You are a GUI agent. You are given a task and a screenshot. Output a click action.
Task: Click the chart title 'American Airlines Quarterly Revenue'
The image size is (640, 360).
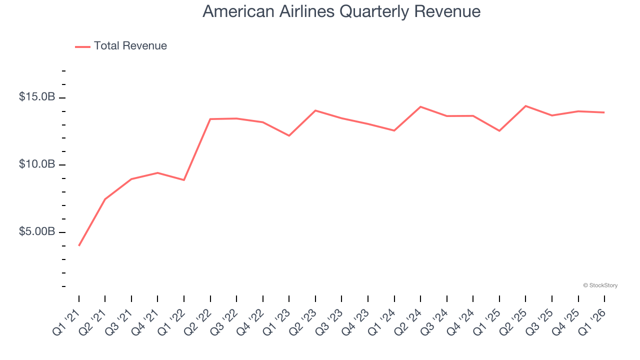pyautogui.click(x=341, y=11)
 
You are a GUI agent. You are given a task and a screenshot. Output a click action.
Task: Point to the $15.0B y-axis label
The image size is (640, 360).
pyautogui.click(x=37, y=97)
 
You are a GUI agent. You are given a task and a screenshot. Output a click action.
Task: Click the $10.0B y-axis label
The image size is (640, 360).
pyautogui.click(x=37, y=164)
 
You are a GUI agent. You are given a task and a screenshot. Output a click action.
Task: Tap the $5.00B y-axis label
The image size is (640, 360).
pyautogui.click(x=37, y=232)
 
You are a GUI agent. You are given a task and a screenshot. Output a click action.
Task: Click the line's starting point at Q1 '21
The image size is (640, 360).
pyautogui.click(x=79, y=245)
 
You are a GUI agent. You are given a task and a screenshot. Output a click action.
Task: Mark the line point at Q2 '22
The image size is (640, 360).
pyautogui.click(x=210, y=119)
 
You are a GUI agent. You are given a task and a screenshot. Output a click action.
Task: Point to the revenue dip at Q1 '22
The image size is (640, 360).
pyautogui.click(x=184, y=180)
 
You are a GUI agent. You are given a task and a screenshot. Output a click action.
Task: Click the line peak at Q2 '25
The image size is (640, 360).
pyautogui.click(x=525, y=106)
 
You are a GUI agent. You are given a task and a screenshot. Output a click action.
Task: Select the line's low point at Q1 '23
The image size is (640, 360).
pyautogui.click(x=289, y=135)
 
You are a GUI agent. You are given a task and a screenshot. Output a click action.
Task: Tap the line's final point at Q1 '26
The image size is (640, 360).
pyautogui.click(x=604, y=112)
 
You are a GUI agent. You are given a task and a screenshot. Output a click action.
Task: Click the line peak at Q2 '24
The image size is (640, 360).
pyautogui.click(x=420, y=106)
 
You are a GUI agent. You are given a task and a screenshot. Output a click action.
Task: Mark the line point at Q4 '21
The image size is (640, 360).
pyautogui.click(x=158, y=173)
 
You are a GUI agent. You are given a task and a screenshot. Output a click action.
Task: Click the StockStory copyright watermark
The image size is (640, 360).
pyautogui.click(x=600, y=285)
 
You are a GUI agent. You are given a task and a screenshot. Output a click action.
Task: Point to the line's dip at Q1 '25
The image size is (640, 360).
pyautogui.click(x=499, y=131)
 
